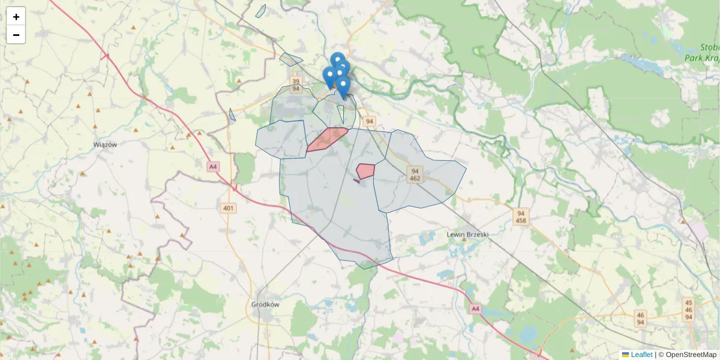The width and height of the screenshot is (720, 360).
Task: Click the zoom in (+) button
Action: (x=16, y=17)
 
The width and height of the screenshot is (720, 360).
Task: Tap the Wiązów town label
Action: (x=105, y=145)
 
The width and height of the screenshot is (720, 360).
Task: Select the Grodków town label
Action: (x=265, y=304)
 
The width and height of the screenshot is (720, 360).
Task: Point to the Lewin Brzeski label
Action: (x=468, y=234)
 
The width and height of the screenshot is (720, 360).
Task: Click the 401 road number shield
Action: (x=229, y=208)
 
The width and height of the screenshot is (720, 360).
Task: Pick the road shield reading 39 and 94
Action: (x=295, y=85)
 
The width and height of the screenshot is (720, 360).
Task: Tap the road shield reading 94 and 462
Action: (x=415, y=175)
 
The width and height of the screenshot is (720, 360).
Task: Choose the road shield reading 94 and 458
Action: (x=521, y=217)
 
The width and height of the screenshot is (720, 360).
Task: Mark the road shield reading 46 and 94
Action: (x=640, y=319)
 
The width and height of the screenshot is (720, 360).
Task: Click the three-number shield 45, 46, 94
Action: (x=689, y=310)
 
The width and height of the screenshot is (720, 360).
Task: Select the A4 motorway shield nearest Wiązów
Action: (x=212, y=167)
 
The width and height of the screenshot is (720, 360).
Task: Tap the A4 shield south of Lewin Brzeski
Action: (x=475, y=308)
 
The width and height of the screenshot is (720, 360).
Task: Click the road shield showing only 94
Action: (x=369, y=121)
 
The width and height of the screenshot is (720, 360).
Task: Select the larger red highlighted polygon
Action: (x=326, y=139)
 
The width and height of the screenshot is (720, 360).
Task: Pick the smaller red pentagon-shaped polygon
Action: (x=365, y=170)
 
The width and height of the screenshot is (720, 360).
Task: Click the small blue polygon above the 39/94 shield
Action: (x=291, y=59)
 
